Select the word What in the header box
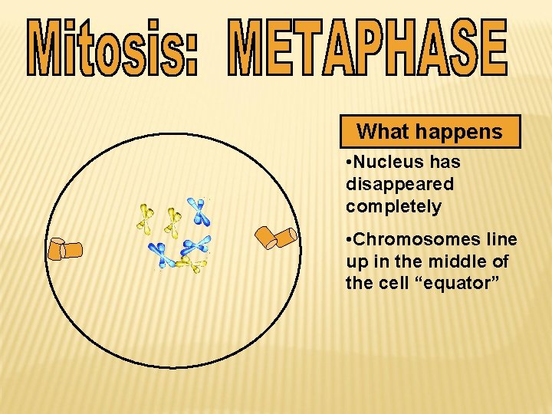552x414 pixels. tap(383, 132)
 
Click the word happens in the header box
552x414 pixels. tap(459, 132)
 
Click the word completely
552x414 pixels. tap(393, 207)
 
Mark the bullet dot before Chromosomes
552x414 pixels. tap(350, 240)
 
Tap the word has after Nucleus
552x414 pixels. tap(445, 163)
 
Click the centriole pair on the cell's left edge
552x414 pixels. tap(64, 249)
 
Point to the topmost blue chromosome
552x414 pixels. tap(199, 212)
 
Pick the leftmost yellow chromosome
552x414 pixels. tap(145, 219)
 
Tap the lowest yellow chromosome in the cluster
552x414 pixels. tap(192, 265)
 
